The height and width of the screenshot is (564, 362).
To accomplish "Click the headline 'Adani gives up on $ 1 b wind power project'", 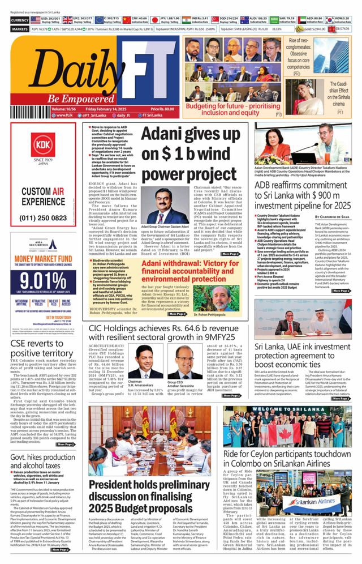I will click(x=192, y=152).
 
